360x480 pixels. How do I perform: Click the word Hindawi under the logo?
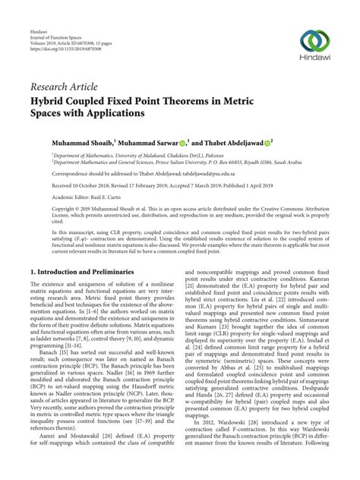tap(314, 62)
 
